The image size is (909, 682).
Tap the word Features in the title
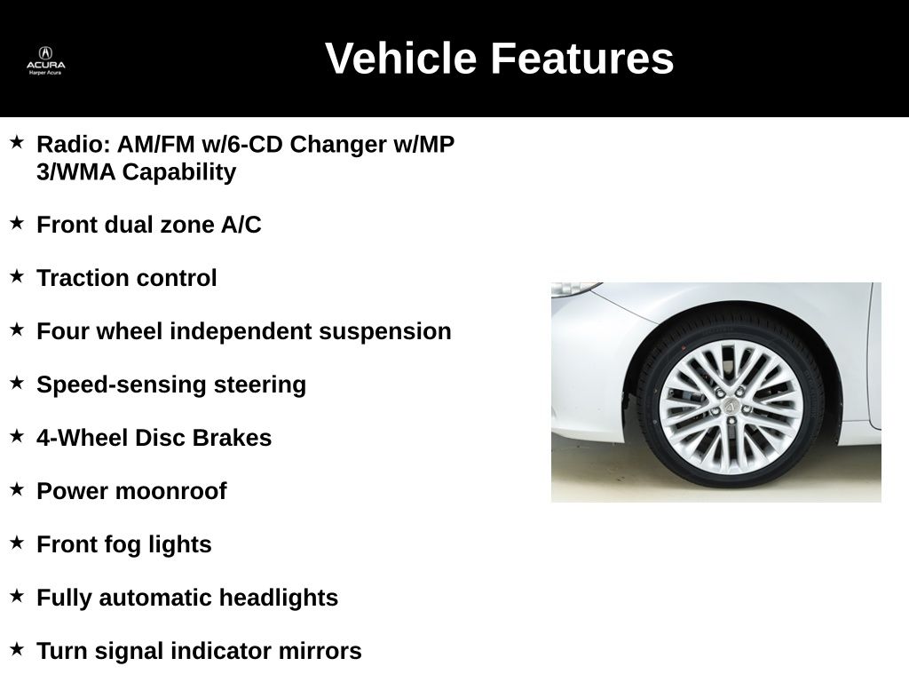click(582, 59)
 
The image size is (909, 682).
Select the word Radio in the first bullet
click(67, 144)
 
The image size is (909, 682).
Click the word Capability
click(179, 171)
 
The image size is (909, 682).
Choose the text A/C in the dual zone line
click(241, 225)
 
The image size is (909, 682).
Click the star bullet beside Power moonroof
click(17, 488)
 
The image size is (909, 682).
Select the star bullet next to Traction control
click(17, 275)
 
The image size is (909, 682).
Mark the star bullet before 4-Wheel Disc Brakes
click(17, 435)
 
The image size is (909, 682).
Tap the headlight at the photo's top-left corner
click(573, 289)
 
